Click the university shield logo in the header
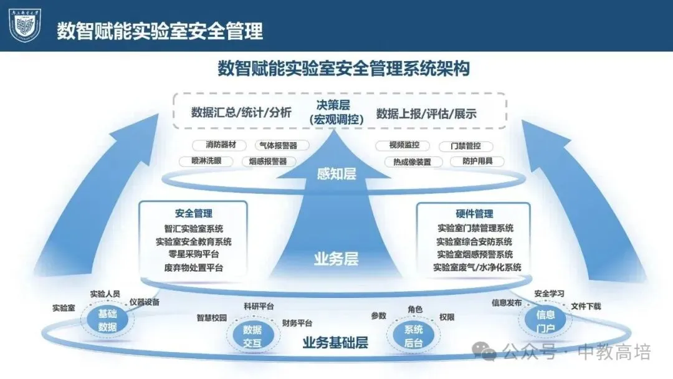coord(24,26)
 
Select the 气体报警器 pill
coord(276,145)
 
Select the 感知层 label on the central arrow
coord(336,174)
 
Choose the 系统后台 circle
coord(409,335)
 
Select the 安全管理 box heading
coord(193,213)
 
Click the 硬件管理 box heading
coord(475,213)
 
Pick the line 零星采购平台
coord(193,254)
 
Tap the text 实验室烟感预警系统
coord(475,254)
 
